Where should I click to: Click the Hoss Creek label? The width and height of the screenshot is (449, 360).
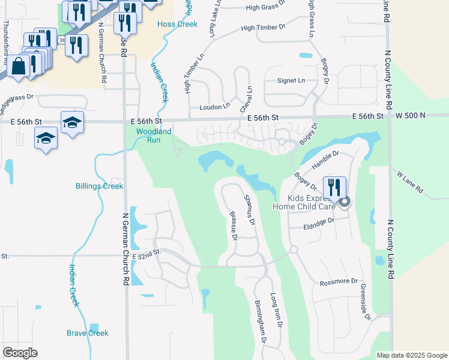click(x=176, y=24)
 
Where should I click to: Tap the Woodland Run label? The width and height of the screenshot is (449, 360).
click(x=154, y=135)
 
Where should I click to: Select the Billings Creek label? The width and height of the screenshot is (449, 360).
click(x=99, y=186)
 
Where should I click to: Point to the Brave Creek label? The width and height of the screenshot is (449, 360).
click(x=87, y=333)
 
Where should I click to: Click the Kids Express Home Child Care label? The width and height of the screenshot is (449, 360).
click(x=303, y=202)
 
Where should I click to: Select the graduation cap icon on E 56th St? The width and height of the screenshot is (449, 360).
click(x=72, y=122)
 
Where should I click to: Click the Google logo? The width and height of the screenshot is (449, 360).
click(x=20, y=353)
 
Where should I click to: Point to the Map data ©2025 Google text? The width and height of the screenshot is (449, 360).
click(x=411, y=355)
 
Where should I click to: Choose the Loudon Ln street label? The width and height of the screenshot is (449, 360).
click(x=214, y=107)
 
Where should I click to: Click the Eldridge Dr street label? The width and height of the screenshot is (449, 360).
click(x=318, y=222)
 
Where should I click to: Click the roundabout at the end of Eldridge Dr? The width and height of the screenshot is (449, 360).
click(x=294, y=250)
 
